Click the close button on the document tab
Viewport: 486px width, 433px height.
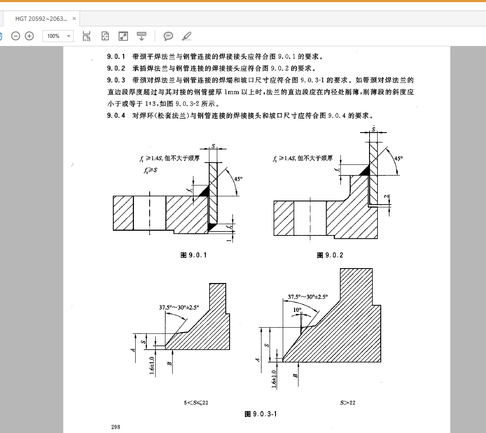(74, 19)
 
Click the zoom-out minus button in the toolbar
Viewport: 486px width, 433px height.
(16, 36)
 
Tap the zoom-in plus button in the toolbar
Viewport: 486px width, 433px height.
(29, 36)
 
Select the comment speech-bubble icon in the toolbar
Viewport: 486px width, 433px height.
(168, 36)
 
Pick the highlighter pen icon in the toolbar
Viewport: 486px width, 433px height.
(186, 36)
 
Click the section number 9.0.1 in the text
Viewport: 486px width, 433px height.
(116, 56)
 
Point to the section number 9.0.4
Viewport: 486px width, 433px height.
(116, 116)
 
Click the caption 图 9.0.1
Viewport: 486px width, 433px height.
(193, 255)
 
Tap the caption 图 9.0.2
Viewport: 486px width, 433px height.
(330, 255)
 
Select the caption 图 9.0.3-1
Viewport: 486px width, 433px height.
(261, 414)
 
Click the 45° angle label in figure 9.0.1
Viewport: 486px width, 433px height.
(238, 179)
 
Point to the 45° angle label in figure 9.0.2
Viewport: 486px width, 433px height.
(398, 158)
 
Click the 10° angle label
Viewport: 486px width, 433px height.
(297, 310)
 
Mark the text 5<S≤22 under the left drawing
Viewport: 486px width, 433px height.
(196, 402)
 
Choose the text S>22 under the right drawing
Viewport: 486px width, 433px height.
(347, 402)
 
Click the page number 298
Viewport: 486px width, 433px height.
(116, 427)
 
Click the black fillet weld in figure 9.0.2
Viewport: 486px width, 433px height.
(364, 171)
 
